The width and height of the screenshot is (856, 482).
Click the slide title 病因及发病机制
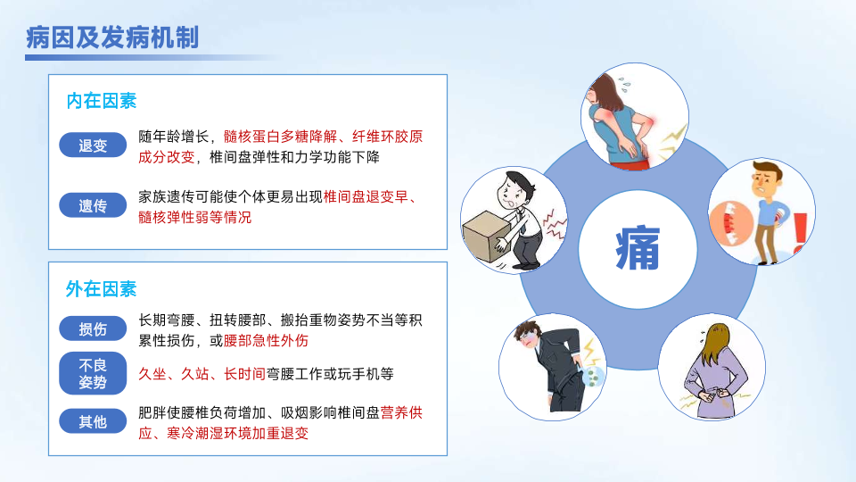(112, 37)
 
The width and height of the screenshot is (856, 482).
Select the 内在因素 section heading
(101, 101)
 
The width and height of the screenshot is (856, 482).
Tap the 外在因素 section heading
(101, 289)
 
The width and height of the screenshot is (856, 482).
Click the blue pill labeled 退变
(93, 145)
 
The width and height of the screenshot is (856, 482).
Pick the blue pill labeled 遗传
(93, 205)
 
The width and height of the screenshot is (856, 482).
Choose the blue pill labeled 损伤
(93, 329)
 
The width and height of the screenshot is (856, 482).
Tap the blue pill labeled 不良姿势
(93, 373)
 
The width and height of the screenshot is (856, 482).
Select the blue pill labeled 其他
(93, 421)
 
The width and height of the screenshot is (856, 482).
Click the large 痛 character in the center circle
(638, 249)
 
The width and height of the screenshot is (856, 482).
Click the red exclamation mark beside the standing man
(800, 233)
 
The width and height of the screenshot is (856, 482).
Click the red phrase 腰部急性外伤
(266, 341)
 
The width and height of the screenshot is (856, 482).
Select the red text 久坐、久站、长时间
(202, 374)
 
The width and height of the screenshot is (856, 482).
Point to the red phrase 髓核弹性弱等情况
(195, 218)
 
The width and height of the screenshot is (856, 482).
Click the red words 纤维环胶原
(388, 137)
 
